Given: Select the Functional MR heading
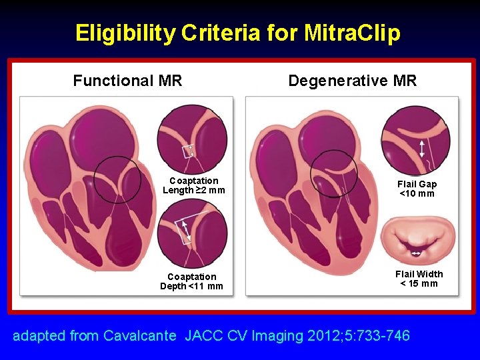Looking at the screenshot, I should coord(127,81).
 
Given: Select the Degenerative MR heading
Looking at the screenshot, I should coord(352,81).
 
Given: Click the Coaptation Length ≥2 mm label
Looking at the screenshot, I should coord(193,185).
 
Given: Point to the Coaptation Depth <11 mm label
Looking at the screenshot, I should coord(192,281).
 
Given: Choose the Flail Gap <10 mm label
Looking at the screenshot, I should coord(417,189).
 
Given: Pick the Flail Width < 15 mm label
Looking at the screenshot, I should coord(419,279).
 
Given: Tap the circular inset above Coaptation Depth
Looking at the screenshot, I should coord(192,234).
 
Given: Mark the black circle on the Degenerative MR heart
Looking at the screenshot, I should coord(334,173).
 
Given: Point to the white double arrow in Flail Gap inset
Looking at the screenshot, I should coord(421,148).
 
